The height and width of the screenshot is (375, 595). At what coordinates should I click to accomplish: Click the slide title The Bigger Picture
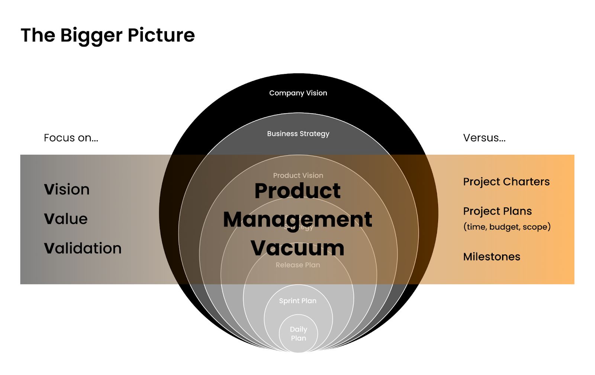pyautogui.click(x=107, y=35)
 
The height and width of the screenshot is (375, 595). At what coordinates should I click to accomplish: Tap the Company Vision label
pyautogui.click(x=298, y=93)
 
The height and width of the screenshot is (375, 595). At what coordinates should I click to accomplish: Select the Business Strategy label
pyautogui.click(x=298, y=134)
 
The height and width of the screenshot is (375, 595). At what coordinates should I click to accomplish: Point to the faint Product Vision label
pyautogui.click(x=298, y=175)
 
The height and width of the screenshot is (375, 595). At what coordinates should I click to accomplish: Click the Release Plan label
pyautogui.click(x=298, y=265)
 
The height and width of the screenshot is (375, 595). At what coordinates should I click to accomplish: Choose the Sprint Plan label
pyautogui.click(x=298, y=301)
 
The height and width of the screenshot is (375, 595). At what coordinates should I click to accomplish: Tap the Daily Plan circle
pyautogui.click(x=299, y=334)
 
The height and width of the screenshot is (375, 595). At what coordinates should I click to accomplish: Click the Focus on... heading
pyautogui.click(x=71, y=138)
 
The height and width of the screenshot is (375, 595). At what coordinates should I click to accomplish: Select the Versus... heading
pyautogui.click(x=484, y=138)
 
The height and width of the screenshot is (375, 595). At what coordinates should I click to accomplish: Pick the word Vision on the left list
pyautogui.click(x=67, y=189)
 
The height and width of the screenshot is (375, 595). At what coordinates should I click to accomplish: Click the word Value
pyautogui.click(x=66, y=219)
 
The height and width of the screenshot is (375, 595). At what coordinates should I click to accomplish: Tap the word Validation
pyautogui.click(x=83, y=248)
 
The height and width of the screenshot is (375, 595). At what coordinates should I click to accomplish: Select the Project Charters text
pyautogui.click(x=506, y=182)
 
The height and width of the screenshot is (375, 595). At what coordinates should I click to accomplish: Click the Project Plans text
pyautogui.click(x=498, y=211)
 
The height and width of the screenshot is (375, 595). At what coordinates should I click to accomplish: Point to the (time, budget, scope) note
pyautogui.click(x=507, y=227)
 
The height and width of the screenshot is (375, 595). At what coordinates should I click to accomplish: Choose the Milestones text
pyautogui.click(x=492, y=257)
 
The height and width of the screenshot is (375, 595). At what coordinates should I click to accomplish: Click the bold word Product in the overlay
pyautogui.click(x=297, y=191)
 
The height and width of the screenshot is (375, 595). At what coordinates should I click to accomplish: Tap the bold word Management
pyautogui.click(x=297, y=219)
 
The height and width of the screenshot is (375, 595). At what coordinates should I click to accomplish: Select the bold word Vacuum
pyautogui.click(x=297, y=248)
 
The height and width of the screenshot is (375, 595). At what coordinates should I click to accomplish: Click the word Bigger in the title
pyautogui.click(x=91, y=35)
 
